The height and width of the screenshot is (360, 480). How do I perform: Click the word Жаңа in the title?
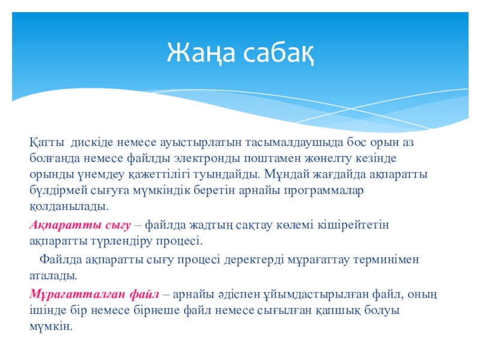pyautogui.click(x=201, y=53)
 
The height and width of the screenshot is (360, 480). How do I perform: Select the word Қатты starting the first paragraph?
pyautogui.click(x=47, y=143)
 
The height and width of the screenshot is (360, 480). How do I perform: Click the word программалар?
pyautogui.click(x=323, y=191)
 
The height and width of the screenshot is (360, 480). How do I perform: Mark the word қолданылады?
pyautogui.click(x=69, y=206)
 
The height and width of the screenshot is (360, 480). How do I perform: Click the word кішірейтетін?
pyautogui.click(x=353, y=225)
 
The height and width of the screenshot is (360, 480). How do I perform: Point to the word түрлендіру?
pyautogui.click(x=122, y=241)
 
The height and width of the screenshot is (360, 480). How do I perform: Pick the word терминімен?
pyautogui.click(x=386, y=260)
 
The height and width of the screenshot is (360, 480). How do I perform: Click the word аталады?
pyautogui.click(x=53, y=275)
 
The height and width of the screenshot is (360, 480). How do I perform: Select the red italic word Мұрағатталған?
pyautogui.click(x=78, y=294)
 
